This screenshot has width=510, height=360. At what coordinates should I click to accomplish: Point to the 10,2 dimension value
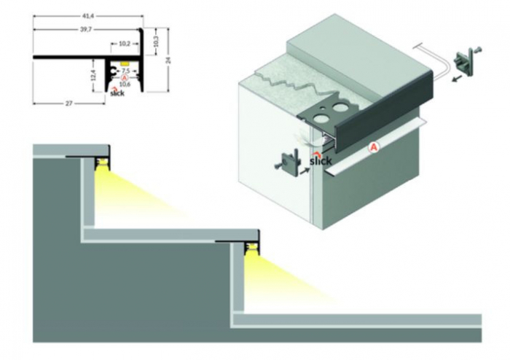(124, 44)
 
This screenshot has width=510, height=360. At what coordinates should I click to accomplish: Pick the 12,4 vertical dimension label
(94, 77)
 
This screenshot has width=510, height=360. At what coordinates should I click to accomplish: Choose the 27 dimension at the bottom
(68, 103)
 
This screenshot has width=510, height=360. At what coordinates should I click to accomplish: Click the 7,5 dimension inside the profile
(125, 71)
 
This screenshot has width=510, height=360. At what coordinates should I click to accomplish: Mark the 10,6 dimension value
(125, 84)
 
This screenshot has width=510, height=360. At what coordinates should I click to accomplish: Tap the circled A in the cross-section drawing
(125, 77)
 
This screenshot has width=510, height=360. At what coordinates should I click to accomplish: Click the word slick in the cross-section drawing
(117, 93)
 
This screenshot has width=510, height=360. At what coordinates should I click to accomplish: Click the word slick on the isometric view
(321, 160)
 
